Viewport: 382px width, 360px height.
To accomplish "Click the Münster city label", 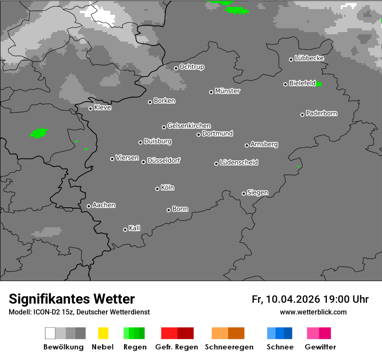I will tap(227, 91).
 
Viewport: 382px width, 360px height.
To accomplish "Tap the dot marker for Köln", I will tap(157, 189).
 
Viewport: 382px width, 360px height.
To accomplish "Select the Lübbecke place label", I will tap(309, 58).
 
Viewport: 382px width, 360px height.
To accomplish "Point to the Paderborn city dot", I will tap(302, 115).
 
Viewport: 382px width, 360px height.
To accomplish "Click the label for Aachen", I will tap(104, 205).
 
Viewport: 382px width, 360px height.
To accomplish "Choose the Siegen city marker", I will tap(244, 193).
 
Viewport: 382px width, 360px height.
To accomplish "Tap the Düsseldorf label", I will tap(164, 160).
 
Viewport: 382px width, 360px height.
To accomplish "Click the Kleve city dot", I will tap(90, 108).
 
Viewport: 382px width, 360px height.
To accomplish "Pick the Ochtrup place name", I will tap(191, 67).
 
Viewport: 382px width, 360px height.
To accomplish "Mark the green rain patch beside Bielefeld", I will tap(319, 84).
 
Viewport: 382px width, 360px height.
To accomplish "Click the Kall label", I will tap(135, 228).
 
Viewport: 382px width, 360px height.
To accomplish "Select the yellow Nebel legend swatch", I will tap(103, 333).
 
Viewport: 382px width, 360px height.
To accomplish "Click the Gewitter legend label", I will tap(320, 347).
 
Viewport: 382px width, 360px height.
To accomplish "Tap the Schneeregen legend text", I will tap(229, 347).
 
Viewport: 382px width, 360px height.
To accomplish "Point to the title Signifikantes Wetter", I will tap(72, 299).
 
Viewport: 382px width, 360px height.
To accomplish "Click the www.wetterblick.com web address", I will tap(313, 312).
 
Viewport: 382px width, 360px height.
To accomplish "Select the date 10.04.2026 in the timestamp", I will tap(293, 299).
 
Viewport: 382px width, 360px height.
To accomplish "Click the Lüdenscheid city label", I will tap(239, 163).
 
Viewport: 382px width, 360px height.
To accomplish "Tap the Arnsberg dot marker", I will tap(247, 145).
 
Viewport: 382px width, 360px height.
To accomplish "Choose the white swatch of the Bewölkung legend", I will tap(50, 333).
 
